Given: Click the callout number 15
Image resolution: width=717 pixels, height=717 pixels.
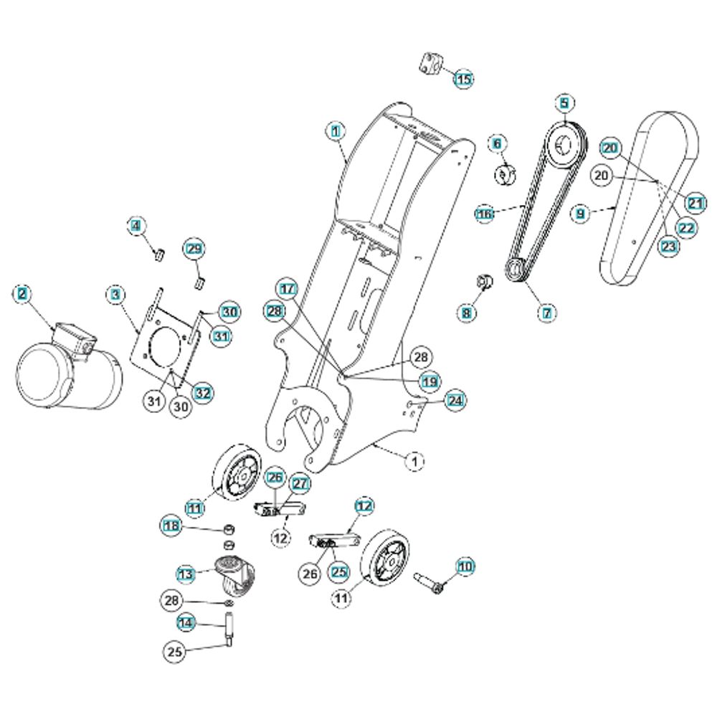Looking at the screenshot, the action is pos(464,79).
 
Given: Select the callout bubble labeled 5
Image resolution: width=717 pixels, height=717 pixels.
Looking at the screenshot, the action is pos(564,103).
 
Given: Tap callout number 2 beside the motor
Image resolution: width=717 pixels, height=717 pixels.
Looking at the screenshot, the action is pos(22,294).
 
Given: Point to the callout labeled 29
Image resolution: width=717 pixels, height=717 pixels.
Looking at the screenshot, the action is pos(194,249).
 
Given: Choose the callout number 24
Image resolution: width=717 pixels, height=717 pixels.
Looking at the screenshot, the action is pos(455,401).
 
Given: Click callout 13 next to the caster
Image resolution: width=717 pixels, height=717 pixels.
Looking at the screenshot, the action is pos(186,574).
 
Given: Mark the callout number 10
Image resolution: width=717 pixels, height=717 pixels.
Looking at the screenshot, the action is pos(465,567).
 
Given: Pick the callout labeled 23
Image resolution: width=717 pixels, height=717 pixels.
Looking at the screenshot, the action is pos(668,247).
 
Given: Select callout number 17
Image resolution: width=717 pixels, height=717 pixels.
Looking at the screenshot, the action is pos(288,289).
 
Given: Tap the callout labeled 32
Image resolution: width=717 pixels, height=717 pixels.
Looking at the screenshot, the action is pos(203,393).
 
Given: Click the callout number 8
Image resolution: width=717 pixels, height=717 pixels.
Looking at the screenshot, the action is pos(467,313).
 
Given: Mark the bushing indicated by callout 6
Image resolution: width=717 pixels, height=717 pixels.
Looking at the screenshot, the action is pos(505,174).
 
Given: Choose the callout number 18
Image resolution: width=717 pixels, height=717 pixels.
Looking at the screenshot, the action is pos(172,526).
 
